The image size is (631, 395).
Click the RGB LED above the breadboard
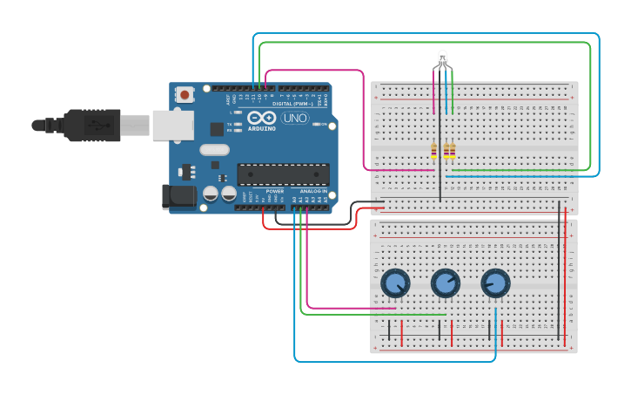point(442,60)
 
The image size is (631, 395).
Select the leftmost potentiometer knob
point(395,283)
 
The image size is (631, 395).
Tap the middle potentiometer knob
point(446,283)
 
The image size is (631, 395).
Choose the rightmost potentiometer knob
point(495,283)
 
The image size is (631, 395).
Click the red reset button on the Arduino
point(185,94)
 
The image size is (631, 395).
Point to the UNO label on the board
point(295,118)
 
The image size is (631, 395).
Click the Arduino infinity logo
point(262,118)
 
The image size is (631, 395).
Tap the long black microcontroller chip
point(283,174)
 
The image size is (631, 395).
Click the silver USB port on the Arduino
point(172,125)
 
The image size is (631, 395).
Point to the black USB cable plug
point(91,125)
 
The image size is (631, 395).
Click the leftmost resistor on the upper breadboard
point(433,152)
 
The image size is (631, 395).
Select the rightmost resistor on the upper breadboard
point(452,152)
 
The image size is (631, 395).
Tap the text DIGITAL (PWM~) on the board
point(293,104)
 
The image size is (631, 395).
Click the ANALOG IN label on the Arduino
point(313,190)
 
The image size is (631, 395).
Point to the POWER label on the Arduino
point(274,190)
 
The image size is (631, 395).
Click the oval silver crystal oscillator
point(214,149)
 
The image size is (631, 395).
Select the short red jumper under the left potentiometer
point(401,332)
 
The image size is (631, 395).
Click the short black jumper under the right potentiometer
point(489,330)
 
